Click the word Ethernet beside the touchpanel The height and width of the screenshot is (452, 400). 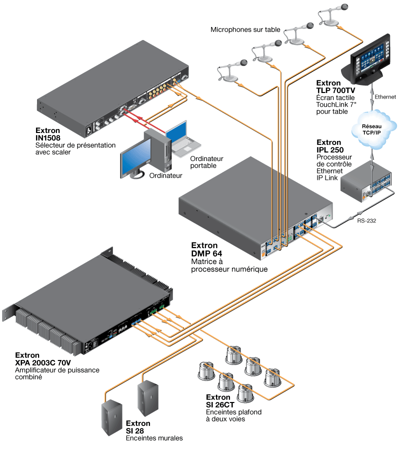[385, 96]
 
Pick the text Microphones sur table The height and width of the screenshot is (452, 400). [245, 30]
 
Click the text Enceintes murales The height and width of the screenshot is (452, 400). [154, 438]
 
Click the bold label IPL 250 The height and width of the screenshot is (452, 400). [330, 149]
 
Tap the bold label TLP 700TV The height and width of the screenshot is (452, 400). [335, 90]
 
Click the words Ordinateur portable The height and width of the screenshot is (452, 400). [206, 161]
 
